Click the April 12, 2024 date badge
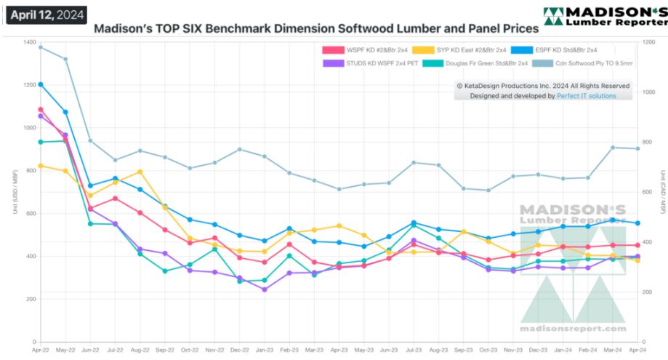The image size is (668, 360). tap(46, 15)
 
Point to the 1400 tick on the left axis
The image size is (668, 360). tap(29, 42)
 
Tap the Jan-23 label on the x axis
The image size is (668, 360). tap(265, 350)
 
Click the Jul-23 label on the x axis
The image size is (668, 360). tap(414, 350)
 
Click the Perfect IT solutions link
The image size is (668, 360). tap(586, 95)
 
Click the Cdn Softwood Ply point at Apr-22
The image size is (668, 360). tap(41, 47)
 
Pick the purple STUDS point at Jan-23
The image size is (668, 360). tap(265, 289)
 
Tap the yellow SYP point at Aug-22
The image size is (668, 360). tap(140, 172)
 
